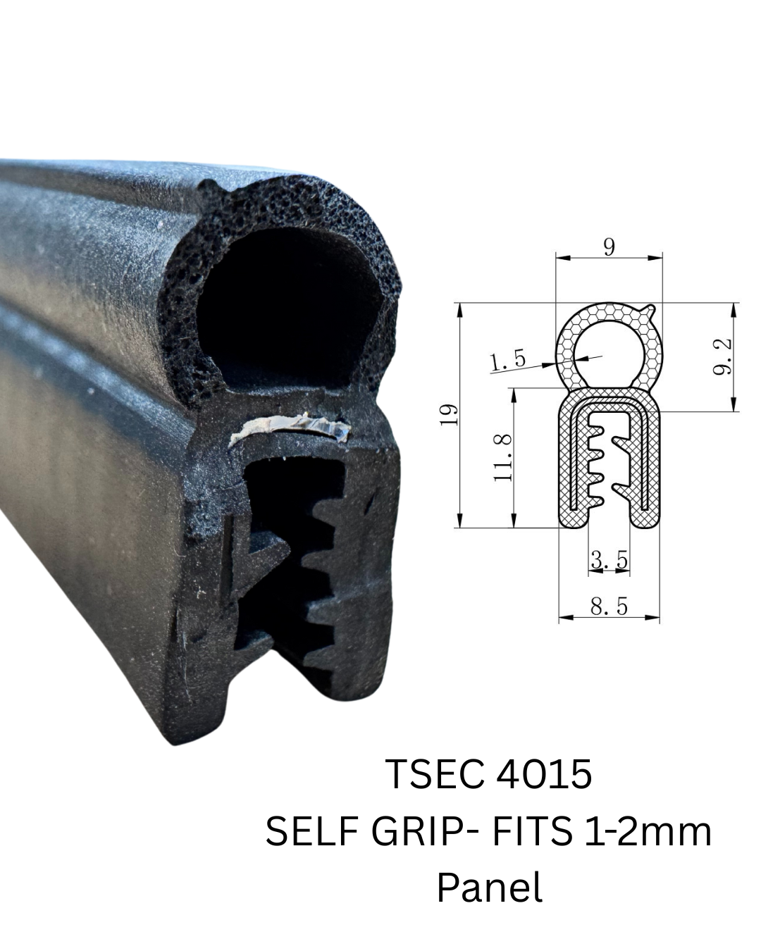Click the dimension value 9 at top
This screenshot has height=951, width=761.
[x=610, y=247]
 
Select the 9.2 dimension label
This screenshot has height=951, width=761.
[x=722, y=356]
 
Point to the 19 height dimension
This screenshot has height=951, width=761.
[x=449, y=414]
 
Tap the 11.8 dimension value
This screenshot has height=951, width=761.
[x=502, y=457]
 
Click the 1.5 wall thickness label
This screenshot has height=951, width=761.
[x=508, y=361]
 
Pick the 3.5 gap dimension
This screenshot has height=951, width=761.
[x=609, y=560]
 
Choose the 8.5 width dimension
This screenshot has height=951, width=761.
[x=609, y=607]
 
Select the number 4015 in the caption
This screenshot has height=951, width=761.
[x=544, y=774]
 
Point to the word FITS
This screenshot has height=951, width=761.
[x=532, y=832]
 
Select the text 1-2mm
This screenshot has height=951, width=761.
[x=648, y=832]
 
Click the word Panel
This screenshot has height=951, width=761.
[x=489, y=888]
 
